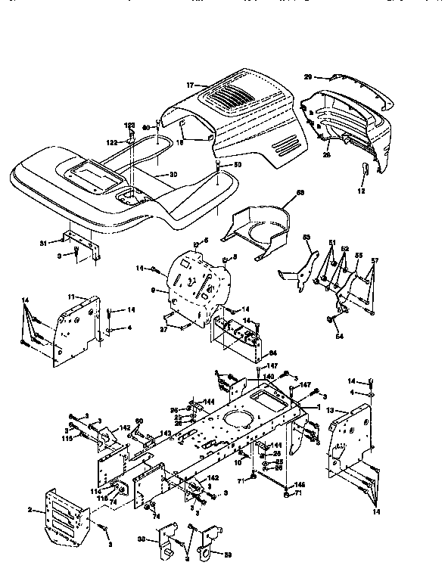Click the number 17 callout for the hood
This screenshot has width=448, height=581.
point(190,85)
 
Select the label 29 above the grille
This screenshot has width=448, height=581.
point(309,76)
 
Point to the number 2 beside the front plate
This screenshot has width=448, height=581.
point(31,511)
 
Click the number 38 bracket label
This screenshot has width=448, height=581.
point(142,540)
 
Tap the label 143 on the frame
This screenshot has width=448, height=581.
point(164,433)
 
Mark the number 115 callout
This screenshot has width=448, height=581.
point(66,438)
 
